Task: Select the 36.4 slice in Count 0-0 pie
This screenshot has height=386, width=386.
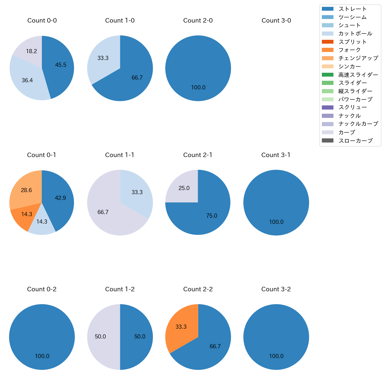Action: tap(27, 79)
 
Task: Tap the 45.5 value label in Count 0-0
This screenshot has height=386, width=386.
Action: tap(61, 65)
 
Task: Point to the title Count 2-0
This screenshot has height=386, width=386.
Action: tap(198, 20)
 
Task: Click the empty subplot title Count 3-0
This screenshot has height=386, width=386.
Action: tap(276, 20)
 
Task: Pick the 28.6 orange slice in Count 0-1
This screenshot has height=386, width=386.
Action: tap(25, 190)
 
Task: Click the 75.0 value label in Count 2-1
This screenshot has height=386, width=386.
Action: tap(211, 216)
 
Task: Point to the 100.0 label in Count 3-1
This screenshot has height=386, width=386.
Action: tap(276, 222)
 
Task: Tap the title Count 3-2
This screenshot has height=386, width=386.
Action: tap(276, 289)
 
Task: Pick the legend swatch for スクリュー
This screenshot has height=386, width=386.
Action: tap(328, 107)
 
